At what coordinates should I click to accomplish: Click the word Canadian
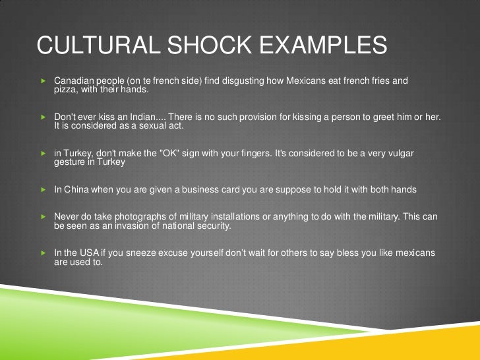pyautogui.click(x=73, y=81)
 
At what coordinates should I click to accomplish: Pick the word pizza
pyautogui.click(x=65, y=90)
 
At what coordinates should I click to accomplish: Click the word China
pyautogui.click(x=75, y=189)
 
